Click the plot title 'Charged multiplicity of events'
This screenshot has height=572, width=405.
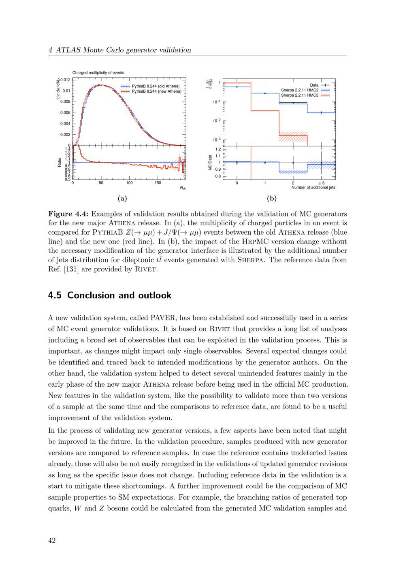pyautogui.click(x=98, y=73)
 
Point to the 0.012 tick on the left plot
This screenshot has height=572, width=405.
pyautogui.click(x=66, y=80)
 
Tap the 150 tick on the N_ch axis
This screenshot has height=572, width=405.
pyautogui.click(x=158, y=183)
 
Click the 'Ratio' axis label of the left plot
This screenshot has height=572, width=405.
pyautogui.click(x=60, y=162)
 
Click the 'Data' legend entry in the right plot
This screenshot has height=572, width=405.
pyautogui.click(x=314, y=85)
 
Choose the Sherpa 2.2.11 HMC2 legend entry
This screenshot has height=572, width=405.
pyautogui.click(x=300, y=90)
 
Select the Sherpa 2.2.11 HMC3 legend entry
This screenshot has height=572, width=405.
pyautogui.click(x=300, y=95)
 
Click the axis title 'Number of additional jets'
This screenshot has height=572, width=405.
pyautogui.click(x=313, y=187)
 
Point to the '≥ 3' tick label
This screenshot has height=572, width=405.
pyautogui.click(x=321, y=183)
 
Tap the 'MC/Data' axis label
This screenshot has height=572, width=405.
pyautogui.click(x=211, y=162)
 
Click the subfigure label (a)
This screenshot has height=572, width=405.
pyautogui.click(x=122, y=198)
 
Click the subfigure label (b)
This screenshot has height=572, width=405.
pyautogui.click(x=271, y=198)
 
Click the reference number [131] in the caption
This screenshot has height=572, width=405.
pyautogui.click(x=71, y=269)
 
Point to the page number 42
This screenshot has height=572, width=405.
pyautogui.click(x=52, y=540)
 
